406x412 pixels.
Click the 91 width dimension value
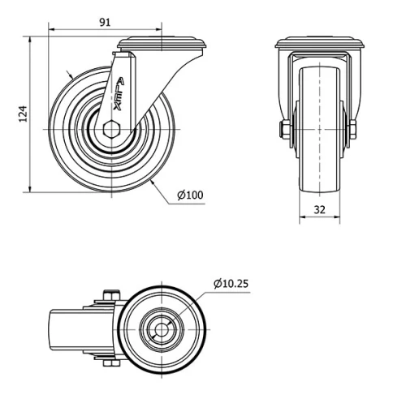pos(105,23)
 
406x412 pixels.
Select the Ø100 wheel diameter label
pos(189,195)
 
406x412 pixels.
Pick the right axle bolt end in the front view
pos(354,130)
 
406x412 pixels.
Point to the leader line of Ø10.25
pos(195,300)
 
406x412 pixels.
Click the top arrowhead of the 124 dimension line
pos(32,39)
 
